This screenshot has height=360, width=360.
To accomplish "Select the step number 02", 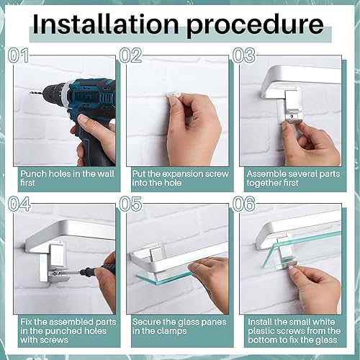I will [x=132, y=55].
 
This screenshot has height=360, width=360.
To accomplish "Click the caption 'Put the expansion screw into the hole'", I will [x=180, y=179].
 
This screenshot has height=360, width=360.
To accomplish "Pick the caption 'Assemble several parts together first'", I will [x=292, y=179].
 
